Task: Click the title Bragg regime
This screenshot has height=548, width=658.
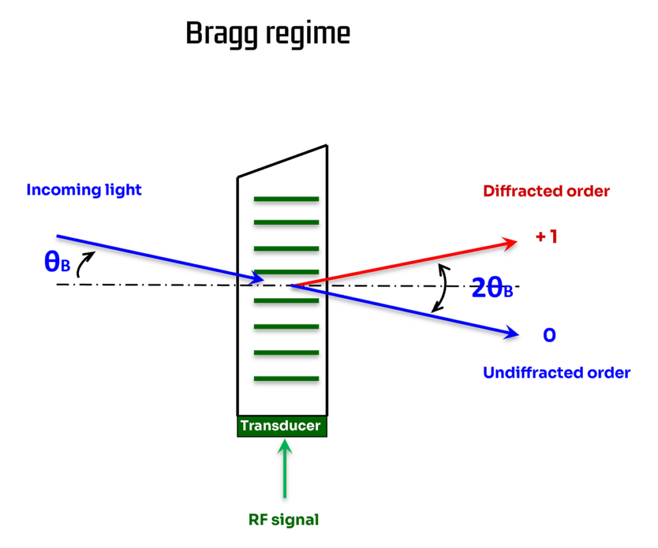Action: point(267,33)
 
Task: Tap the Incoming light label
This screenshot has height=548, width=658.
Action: point(84,190)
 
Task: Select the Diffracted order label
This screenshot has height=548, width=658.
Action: point(546,191)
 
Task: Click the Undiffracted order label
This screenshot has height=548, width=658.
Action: point(556,373)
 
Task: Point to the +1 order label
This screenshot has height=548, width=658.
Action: point(547,237)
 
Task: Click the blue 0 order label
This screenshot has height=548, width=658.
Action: point(549,335)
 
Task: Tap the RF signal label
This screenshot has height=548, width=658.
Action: point(283,520)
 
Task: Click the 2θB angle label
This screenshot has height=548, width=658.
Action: point(492,288)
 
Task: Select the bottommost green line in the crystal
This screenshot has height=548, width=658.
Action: point(286,378)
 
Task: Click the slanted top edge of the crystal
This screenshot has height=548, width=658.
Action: point(283,161)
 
